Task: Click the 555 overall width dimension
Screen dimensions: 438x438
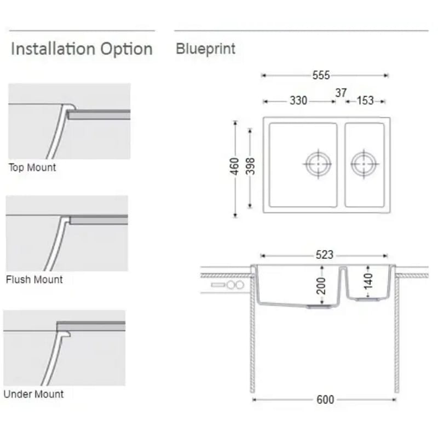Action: (x=321, y=75)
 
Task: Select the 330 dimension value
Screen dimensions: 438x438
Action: (x=298, y=101)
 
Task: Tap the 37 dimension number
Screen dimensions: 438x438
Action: (x=341, y=93)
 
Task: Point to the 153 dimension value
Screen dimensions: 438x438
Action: (x=365, y=101)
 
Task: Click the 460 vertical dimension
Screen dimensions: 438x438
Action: (x=234, y=166)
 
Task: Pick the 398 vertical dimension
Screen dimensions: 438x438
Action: (x=250, y=166)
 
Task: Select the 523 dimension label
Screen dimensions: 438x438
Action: (x=324, y=255)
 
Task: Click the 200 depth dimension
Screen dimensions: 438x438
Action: (x=321, y=286)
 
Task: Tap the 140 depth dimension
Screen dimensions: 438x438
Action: (x=368, y=281)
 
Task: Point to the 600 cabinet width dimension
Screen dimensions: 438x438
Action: (x=325, y=400)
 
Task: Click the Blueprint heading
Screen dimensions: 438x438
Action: (x=206, y=49)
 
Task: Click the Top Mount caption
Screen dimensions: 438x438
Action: (x=32, y=168)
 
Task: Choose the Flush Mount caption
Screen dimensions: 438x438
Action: (x=34, y=279)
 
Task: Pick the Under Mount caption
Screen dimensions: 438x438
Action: (x=33, y=394)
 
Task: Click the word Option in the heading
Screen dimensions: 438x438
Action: (x=126, y=49)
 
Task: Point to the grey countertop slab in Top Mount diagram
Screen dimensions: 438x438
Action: (x=99, y=114)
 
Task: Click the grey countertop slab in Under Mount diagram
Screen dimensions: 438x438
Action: (x=91, y=326)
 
